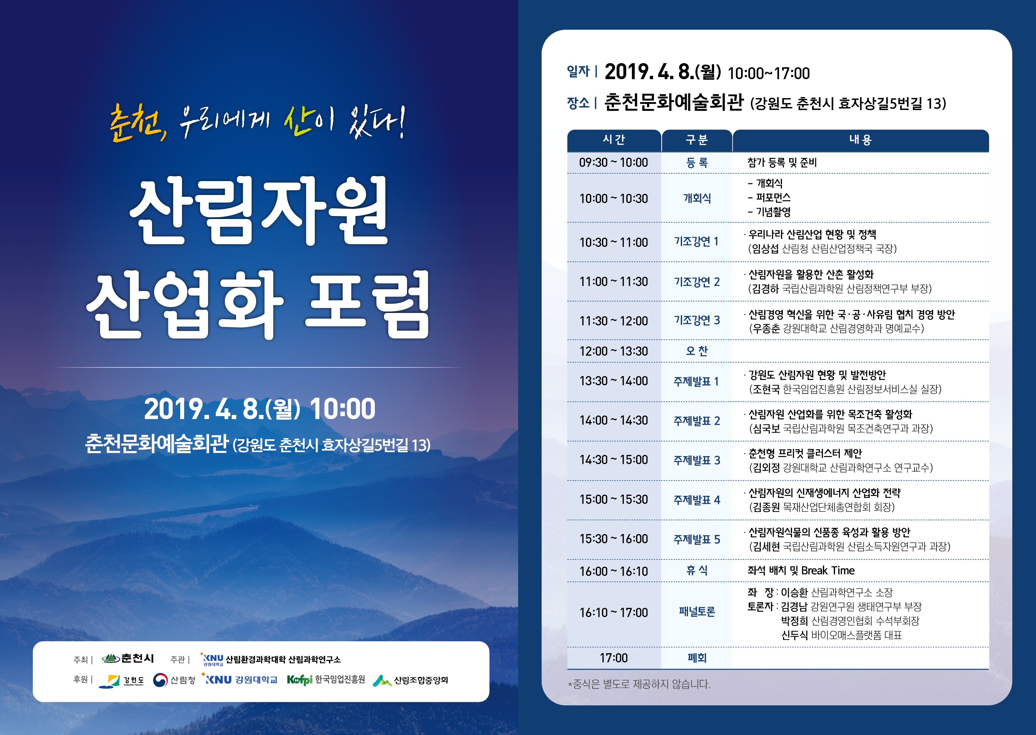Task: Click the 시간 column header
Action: click(614, 140)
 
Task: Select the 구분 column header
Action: click(697, 140)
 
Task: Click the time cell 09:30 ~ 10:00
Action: click(613, 162)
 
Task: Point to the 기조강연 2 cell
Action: click(697, 282)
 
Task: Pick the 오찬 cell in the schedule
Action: click(697, 351)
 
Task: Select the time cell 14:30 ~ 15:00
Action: click(613, 460)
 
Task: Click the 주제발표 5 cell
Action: click(697, 539)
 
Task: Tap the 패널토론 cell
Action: click(697, 612)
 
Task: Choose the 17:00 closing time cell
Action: click(614, 658)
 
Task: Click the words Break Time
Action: click(828, 571)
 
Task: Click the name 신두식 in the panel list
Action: click(794, 635)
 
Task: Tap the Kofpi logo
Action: click(300, 680)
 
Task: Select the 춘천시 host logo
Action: click(128, 659)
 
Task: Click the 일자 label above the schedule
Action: click(578, 71)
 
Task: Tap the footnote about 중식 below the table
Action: click(639, 684)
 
